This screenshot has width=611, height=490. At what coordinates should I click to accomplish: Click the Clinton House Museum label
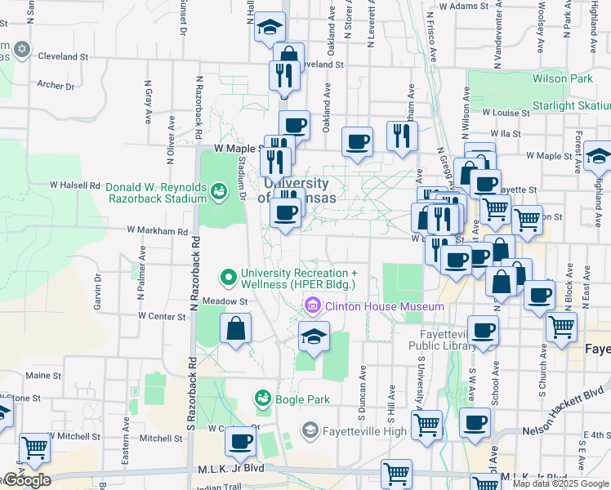(x=384, y=307)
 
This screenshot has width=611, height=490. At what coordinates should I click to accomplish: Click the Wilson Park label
(x=562, y=79)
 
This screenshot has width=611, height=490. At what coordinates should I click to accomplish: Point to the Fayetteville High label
(x=363, y=430)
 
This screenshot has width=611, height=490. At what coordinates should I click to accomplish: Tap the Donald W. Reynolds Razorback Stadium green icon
(x=218, y=192)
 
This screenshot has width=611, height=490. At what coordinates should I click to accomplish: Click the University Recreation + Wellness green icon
(x=229, y=278)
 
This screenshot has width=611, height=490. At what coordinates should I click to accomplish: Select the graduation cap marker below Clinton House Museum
(x=314, y=336)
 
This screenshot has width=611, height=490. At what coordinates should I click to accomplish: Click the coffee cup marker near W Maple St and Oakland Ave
(x=357, y=142)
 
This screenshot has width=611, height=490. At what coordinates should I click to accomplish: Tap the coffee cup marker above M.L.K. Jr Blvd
(x=240, y=441)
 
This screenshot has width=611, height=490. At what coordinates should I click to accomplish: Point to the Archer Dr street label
(x=56, y=85)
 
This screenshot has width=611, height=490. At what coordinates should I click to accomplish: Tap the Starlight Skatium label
(x=571, y=106)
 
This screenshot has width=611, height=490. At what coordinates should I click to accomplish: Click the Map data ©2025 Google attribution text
(x=559, y=483)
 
